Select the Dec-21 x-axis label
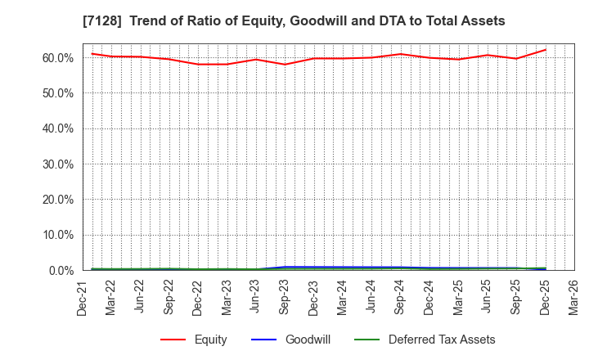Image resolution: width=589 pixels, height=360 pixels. (82, 296)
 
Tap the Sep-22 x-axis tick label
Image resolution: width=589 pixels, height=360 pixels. (169, 296)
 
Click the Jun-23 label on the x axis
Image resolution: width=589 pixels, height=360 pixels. (256, 296)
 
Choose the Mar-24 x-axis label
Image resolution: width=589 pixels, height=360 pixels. (343, 296)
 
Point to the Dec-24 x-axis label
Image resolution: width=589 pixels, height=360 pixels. (429, 296)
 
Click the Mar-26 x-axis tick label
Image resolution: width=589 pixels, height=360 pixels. (574, 296)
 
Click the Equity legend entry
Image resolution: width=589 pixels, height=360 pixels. (209, 340)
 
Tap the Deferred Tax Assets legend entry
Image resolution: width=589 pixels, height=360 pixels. (441, 340)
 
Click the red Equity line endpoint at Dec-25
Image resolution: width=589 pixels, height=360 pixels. (545, 50)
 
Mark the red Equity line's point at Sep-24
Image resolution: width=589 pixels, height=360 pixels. (400, 54)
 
